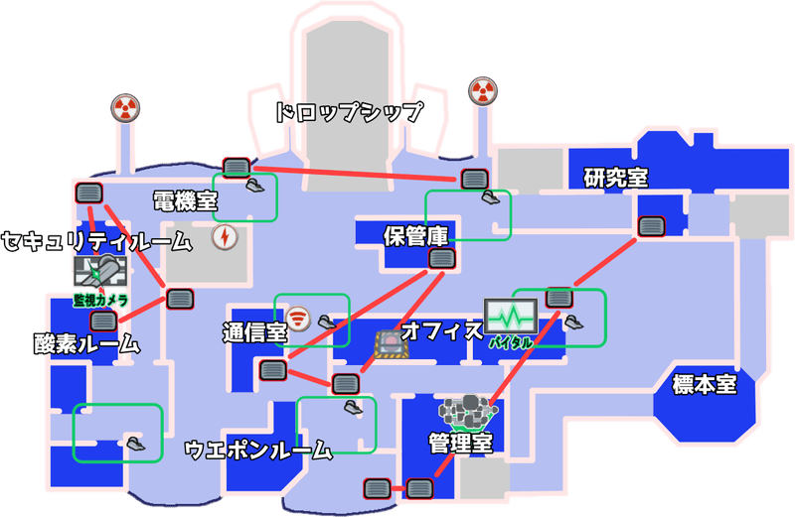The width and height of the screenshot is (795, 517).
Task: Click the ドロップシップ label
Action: point(349,112)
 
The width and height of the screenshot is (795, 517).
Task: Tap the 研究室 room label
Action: point(615,178)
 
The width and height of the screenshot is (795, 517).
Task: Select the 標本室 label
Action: point(705,384)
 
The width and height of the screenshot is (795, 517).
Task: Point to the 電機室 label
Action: point(185,201)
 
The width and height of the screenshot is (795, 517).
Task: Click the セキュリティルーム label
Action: point(96,241)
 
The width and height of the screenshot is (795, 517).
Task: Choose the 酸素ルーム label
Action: point(86,343)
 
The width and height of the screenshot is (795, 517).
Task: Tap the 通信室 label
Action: point(255,332)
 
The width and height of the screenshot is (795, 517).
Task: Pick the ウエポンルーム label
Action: point(258,450)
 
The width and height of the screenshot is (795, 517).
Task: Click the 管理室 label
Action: point(460,443)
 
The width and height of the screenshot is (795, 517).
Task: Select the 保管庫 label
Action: point(415,236)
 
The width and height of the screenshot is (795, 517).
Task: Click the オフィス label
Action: point(442,331)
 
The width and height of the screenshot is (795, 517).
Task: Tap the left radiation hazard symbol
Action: point(125,108)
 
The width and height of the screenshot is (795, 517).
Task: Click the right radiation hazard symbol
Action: point(483,91)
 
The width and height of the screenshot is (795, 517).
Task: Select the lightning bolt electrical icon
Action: point(225,237)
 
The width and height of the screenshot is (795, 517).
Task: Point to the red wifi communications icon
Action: point(297,319)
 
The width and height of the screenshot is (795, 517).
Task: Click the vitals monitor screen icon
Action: point(511,317)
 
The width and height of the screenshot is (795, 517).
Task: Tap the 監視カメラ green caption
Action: point(100,301)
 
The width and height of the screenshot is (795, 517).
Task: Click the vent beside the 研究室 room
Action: point(651,226)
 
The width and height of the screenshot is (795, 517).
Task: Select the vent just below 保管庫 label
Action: point(442,259)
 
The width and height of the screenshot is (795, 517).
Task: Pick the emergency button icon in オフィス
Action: point(391,344)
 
